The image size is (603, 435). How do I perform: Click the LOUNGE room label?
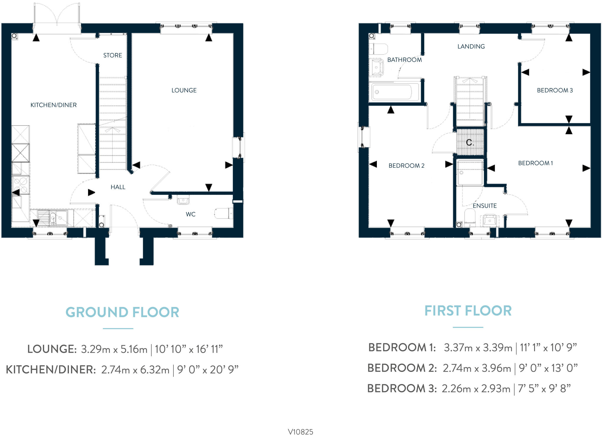pyautogui.click(x=184, y=90)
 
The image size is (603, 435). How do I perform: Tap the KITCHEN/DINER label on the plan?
pyautogui.click(x=54, y=105)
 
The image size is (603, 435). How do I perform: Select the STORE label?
pyautogui.click(x=112, y=55)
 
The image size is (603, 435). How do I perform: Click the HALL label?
pyautogui.click(x=118, y=187)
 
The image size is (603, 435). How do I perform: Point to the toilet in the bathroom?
pyautogui.click(x=379, y=49)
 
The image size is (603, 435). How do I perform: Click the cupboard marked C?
pyautogui.click(x=470, y=143)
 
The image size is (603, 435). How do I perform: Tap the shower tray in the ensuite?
pyautogui.click(x=470, y=173)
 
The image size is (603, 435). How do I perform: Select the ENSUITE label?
pyautogui.click(x=485, y=206)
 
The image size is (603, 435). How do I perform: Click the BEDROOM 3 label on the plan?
pyautogui.click(x=555, y=90)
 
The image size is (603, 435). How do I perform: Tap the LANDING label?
pyautogui.click(x=471, y=47)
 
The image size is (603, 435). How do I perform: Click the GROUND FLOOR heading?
pyautogui.click(x=122, y=312)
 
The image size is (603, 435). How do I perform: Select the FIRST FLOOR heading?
pyautogui.click(x=468, y=311)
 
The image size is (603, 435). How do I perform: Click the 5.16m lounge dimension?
pyautogui.click(x=134, y=349)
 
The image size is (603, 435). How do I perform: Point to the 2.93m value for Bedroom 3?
pyautogui.click(x=496, y=389)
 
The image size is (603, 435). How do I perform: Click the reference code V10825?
pyautogui.click(x=300, y=432)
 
